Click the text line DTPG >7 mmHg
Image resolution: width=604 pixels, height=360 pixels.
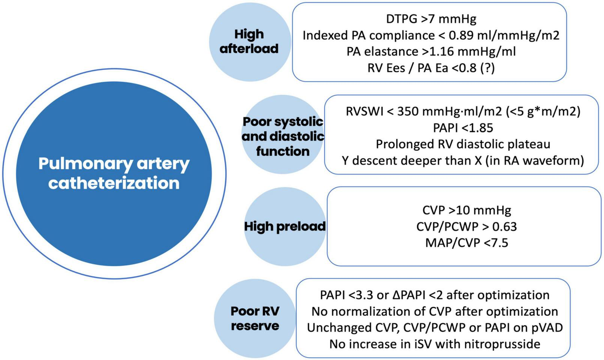[431, 19]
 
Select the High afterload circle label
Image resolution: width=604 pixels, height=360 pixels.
[249, 41]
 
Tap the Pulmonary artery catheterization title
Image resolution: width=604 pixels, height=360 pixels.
[114, 174]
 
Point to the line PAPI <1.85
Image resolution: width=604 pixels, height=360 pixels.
[463, 128]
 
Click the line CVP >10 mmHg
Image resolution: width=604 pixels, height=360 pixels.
[467, 210]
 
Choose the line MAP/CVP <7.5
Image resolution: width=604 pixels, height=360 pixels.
[467, 243]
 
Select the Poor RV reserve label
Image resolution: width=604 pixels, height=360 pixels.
[255, 318]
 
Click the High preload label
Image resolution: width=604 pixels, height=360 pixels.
[285, 226]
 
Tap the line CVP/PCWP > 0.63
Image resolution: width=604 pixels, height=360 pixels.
[467, 226]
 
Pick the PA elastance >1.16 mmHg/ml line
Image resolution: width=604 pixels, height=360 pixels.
[431, 51]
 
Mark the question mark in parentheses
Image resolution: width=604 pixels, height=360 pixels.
[487, 68]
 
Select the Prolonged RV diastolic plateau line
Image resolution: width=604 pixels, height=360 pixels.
[463, 144]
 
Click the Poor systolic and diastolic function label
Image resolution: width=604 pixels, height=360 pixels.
[283, 136]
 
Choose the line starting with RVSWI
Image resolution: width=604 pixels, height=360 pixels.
[463, 111]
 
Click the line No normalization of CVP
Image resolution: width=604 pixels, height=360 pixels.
[435, 311]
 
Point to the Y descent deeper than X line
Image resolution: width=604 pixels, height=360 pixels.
[463, 160]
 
